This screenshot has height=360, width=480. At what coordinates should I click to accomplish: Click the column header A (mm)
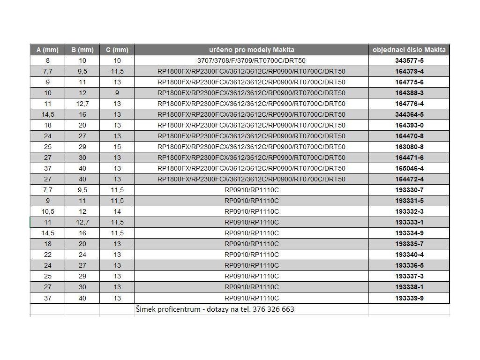47,50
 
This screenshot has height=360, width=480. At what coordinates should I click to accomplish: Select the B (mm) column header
82,50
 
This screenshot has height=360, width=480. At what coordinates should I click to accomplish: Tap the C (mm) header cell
117,50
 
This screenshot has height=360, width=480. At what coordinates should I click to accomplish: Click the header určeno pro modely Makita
252,50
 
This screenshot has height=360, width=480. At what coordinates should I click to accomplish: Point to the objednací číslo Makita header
409,50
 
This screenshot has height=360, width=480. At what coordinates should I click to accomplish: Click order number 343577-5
409,60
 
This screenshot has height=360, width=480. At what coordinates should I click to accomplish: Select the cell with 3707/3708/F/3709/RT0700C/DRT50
252,60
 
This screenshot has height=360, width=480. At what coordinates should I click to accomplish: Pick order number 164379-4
409,71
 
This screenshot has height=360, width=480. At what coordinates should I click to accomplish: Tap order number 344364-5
409,114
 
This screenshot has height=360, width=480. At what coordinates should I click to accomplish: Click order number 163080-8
409,147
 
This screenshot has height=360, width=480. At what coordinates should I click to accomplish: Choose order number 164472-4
409,179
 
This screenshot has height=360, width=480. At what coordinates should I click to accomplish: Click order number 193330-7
409,190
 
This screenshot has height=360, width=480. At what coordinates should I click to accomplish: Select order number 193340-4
409,255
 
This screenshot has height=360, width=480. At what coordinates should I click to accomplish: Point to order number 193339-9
409,298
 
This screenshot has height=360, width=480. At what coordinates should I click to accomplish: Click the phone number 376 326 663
273,309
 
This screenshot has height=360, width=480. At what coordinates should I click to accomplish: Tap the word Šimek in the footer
145,309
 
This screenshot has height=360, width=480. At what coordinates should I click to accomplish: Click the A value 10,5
48,211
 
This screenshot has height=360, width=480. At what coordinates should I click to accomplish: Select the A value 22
48,255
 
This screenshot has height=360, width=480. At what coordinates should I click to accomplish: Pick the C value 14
117,211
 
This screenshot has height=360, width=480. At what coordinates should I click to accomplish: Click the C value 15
117,147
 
